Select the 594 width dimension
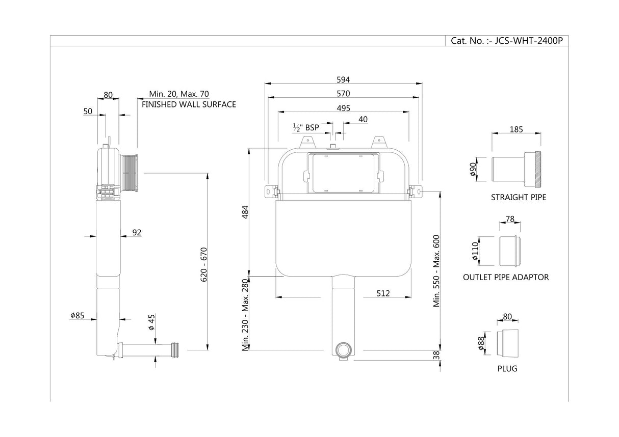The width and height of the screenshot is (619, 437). coord(344,79)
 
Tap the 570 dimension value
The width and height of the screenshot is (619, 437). coord(344,94)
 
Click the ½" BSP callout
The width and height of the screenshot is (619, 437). coord(305,127)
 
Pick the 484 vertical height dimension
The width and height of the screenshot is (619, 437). coord(245,211)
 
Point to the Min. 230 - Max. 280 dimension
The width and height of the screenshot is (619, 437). coord(245,315)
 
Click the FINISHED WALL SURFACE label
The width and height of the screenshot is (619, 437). coord(189,104)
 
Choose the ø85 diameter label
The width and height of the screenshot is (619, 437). coord(77,316)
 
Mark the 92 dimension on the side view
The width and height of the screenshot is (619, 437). coord(137,233)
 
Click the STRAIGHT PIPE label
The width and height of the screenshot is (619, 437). coord(518,197)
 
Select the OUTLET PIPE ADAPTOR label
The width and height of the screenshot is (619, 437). coord(506,277)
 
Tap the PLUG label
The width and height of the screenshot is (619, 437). coord(507,368)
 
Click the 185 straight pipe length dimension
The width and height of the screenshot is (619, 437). coord(516,129)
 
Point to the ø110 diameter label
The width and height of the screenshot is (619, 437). coord(475,251)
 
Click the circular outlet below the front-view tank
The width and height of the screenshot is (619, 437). coord(343,350)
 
